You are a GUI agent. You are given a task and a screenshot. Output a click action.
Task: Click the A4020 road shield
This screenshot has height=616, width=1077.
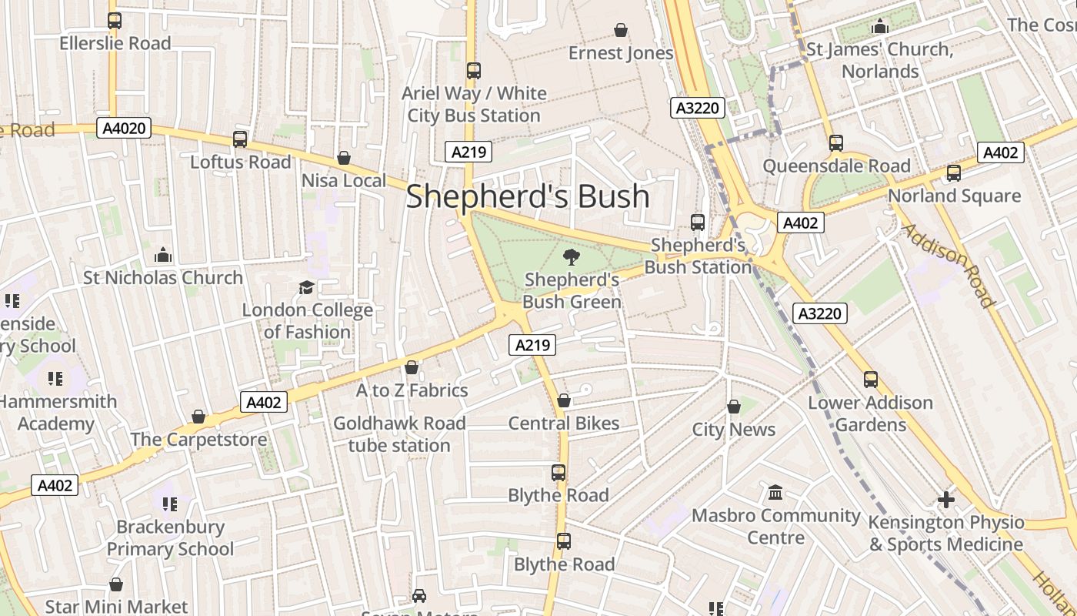(x=124, y=129)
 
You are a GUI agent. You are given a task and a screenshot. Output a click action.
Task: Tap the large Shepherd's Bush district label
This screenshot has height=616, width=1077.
(x=528, y=196)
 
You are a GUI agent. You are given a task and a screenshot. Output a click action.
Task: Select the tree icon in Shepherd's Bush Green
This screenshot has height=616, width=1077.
(x=572, y=257)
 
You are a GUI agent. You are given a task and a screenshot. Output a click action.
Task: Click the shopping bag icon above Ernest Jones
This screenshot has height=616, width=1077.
(x=621, y=31)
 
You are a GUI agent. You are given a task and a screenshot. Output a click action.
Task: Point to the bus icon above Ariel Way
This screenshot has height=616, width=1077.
(x=473, y=71)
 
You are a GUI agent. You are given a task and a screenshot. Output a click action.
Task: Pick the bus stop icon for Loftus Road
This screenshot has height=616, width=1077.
(x=240, y=139)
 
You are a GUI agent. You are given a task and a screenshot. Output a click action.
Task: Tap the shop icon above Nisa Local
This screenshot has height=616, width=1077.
(x=344, y=158)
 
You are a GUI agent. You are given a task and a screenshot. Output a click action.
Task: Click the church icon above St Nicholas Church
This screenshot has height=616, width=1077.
(x=163, y=255)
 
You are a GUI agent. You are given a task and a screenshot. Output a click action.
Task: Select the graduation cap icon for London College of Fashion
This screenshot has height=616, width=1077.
(x=307, y=288)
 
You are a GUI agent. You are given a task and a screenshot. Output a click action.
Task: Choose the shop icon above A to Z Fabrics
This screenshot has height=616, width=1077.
(x=412, y=368)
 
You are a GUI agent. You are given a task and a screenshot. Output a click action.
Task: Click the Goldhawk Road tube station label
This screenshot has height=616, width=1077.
(x=399, y=434)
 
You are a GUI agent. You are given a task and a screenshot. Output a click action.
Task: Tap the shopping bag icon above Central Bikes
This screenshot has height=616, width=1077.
(x=564, y=401)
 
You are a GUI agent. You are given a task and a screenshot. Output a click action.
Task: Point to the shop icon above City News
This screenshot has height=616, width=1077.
(x=734, y=407)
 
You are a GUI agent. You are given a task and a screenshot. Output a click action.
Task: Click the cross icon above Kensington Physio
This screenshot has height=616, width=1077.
(x=946, y=500)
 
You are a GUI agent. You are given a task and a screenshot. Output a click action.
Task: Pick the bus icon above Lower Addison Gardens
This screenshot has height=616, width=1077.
(x=871, y=380)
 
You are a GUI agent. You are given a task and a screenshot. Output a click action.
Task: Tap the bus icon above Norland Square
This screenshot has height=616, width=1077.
(x=954, y=173)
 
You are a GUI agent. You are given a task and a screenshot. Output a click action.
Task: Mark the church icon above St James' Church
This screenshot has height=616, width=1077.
(x=880, y=28)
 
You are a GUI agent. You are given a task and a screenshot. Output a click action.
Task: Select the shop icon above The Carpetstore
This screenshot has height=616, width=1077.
(x=198, y=417)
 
